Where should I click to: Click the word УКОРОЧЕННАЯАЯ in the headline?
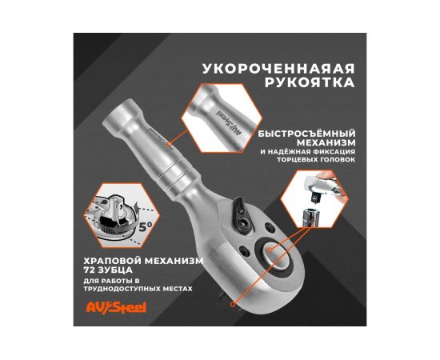pyautogui.click(x=278, y=69)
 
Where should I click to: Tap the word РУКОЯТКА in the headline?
pyautogui.click(x=310, y=82)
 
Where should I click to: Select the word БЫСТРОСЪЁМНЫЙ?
pyautogui.click(x=306, y=134)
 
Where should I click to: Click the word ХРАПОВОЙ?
pyautogui.click(x=112, y=261)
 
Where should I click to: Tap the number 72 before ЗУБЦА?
pyautogui.click(x=89, y=270)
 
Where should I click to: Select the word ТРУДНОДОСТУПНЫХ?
pyautogui.click(x=118, y=289)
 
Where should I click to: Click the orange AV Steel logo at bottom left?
pyautogui.click(x=116, y=307)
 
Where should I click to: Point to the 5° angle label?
pyautogui.click(x=145, y=226)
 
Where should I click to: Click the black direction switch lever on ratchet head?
pyautogui.click(x=242, y=215)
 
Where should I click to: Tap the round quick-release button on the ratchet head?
pyautogui.click(x=274, y=253)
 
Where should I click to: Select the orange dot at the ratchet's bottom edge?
pyautogui.click(x=232, y=305)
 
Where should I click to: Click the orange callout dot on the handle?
pyautogui.click(x=169, y=143)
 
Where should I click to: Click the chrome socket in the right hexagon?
pyautogui.click(x=311, y=217)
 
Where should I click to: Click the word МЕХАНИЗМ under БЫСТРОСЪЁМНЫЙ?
pyautogui.click(x=326, y=142)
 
